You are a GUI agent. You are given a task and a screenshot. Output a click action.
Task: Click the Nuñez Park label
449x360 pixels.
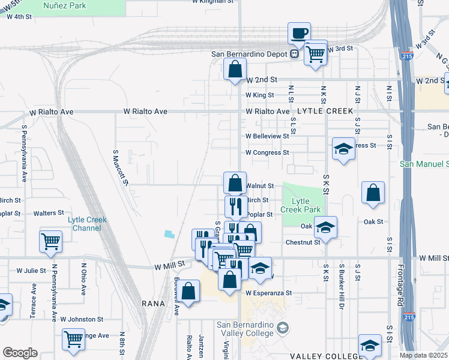65,6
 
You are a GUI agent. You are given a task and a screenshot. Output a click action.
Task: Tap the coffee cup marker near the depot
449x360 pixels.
298,33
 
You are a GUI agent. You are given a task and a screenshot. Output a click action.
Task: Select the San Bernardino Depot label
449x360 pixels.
250,54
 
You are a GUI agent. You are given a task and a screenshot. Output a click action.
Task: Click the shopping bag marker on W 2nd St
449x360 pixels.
235,68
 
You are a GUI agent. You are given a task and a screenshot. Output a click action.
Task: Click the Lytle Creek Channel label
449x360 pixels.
87,224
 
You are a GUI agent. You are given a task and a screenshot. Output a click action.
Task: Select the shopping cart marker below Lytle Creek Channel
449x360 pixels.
50,241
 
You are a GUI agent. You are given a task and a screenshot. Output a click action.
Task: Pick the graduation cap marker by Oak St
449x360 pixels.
325,227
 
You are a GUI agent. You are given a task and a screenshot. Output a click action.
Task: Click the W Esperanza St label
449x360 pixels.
268,293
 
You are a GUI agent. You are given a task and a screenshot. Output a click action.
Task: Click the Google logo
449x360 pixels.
20,353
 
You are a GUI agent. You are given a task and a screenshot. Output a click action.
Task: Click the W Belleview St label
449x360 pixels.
267,136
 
